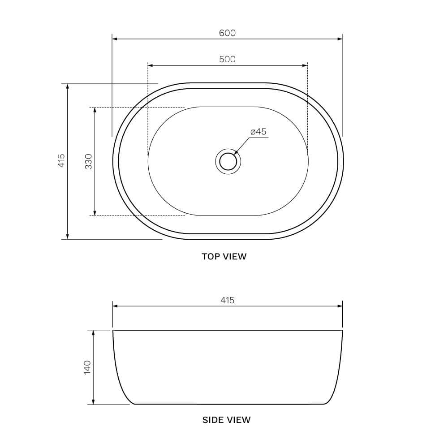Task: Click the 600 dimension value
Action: [x=227, y=33]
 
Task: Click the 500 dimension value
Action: [x=227, y=59]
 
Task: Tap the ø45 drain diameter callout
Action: [x=258, y=132]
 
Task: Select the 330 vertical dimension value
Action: [x=89, y=161]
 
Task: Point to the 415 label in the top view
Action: [x=62, y=160]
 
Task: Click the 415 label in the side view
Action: [x=227, y=300]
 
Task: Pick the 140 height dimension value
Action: [x=87, y=367]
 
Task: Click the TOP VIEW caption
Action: [x=224, y=257]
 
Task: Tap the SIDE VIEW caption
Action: [x=226, y=420]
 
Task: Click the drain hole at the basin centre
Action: [x=228, y=161]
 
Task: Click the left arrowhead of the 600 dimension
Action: [x=115, y=39]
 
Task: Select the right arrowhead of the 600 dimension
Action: [x=340, y=39]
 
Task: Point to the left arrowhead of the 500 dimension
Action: [x=151, y=65]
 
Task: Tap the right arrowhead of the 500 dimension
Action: [x=305, y=65]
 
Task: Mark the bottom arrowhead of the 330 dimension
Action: [x=95, y=213]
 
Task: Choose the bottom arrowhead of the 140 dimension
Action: [x=93, y=402]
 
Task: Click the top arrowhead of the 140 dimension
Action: [x=93, y=333]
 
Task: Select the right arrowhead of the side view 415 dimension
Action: [x=340, y=306]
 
